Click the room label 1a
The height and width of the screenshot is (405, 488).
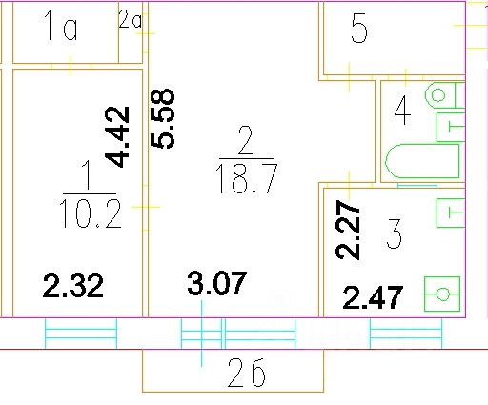coord(61,26)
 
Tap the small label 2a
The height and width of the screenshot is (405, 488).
coord(130,19)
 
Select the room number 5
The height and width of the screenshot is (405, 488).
coord(359,29)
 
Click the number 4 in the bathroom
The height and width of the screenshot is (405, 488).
coord(402,111)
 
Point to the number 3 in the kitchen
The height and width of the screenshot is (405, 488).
coord(395,233)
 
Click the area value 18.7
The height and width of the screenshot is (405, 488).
coord(247,179)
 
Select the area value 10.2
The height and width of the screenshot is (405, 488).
coord(91,213)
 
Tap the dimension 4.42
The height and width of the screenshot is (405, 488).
coord(117,136)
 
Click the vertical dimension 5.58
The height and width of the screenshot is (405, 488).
coord(162,119)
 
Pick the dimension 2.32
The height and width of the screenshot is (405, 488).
coord(73,286)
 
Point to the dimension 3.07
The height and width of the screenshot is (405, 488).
coord(217,283)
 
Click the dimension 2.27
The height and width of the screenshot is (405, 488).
coord(348,230)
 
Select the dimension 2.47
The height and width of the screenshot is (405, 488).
coord(373,297)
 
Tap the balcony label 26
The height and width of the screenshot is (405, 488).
coord(247,373)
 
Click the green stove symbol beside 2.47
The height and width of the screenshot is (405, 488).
coord(442,294)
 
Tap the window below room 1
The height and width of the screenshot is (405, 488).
coord(81,334)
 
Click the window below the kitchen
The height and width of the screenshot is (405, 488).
coord(406,334)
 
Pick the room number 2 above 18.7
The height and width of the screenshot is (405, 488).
coord(245,140)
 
